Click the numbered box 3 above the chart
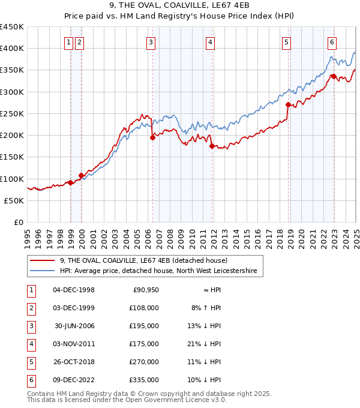(x=151, y=42)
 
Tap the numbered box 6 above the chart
(x=332, y=42)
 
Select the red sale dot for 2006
(x=152, y=137)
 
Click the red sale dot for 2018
(x=288, y=105)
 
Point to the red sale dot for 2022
(x=334, y=76)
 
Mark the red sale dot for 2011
(x=211, y=146)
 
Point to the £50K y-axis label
(x=14, y=201)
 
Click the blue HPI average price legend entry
(x=158, y=271)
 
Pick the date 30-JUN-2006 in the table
(x=74, y=326)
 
